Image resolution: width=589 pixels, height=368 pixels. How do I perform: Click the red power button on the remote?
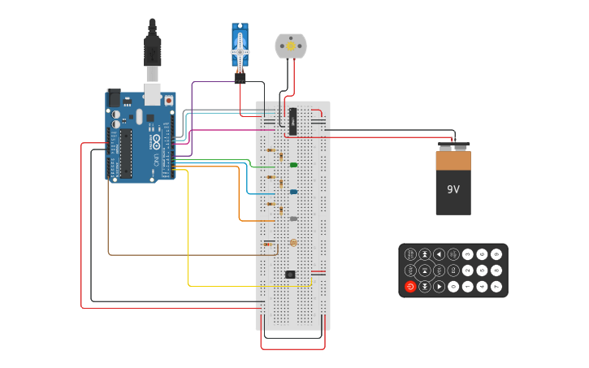[x=410, y=287]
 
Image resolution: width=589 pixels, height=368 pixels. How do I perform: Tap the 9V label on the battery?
[x=453, y=189]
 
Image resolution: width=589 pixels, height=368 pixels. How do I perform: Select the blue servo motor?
[x=240, y=45]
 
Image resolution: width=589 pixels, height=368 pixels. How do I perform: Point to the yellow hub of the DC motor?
[x=291, y=46]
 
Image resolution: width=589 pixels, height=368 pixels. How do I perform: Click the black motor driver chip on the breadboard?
[x=292, y=121]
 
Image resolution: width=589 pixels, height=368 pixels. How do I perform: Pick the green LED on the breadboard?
[x=293, y=165]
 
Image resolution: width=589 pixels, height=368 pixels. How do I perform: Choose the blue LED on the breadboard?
[x=293, y=192]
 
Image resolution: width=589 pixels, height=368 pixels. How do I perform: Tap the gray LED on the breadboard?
[x=293, y=219]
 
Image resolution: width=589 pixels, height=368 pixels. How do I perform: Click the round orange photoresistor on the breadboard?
[x=293, y=243]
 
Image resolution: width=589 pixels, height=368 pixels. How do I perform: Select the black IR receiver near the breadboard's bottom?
[x=290, y=275]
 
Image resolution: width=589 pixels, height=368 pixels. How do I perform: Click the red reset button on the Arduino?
[x=169, y=101]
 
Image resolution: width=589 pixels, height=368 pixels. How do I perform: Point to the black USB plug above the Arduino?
[x=152, y=49]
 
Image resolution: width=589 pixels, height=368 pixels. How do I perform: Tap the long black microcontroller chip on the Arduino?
[x=127, y=153]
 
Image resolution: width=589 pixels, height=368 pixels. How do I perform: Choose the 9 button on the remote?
[x=496, y=254]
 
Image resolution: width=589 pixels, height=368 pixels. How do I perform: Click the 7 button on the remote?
[x=496, y=287]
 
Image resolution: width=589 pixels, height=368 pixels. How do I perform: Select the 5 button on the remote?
[x=482, y=271]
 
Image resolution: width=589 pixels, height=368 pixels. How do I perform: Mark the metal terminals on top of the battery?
[x=453, y=147]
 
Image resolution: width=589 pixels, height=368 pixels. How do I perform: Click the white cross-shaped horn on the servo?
[x=240, y=51]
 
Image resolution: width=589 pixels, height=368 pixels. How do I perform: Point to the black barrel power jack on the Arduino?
[x=115, y=97]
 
